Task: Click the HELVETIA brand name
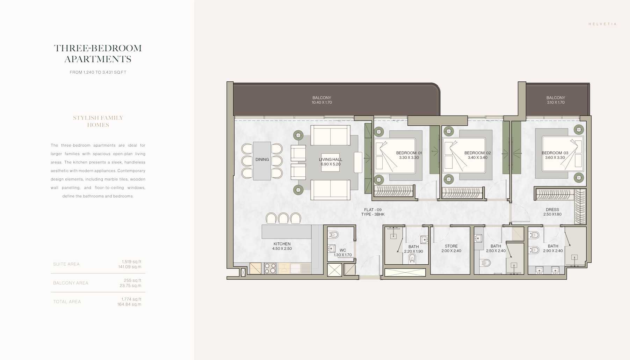[x=602, y=24]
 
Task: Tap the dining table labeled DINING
[x=262, y=161]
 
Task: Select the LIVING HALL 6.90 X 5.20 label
[x=330, y=162]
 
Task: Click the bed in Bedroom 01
[x=395, y=156]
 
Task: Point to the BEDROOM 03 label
[x=555, y=153]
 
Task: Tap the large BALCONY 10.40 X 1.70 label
[x=321, y=100]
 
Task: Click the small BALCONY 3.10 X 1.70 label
[x=555, y=100]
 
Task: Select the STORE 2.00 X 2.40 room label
[x=451, y=248]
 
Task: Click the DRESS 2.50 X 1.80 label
[x=552, y=212]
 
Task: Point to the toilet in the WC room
[x=333, y=234]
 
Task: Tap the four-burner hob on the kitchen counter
[x=270, y=268]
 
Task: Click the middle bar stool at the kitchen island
[x=283, y=218]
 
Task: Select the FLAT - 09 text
[x=372, y=210]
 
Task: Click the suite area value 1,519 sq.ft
[x=131, y=262]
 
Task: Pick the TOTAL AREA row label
[x=67, y=302]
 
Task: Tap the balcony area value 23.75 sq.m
[x=130, y=286]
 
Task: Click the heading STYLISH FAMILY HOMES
[x=98, y=121]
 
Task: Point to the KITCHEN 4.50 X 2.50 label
[x=282, y=246]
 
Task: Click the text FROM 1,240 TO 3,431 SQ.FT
[x=98, y=72]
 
